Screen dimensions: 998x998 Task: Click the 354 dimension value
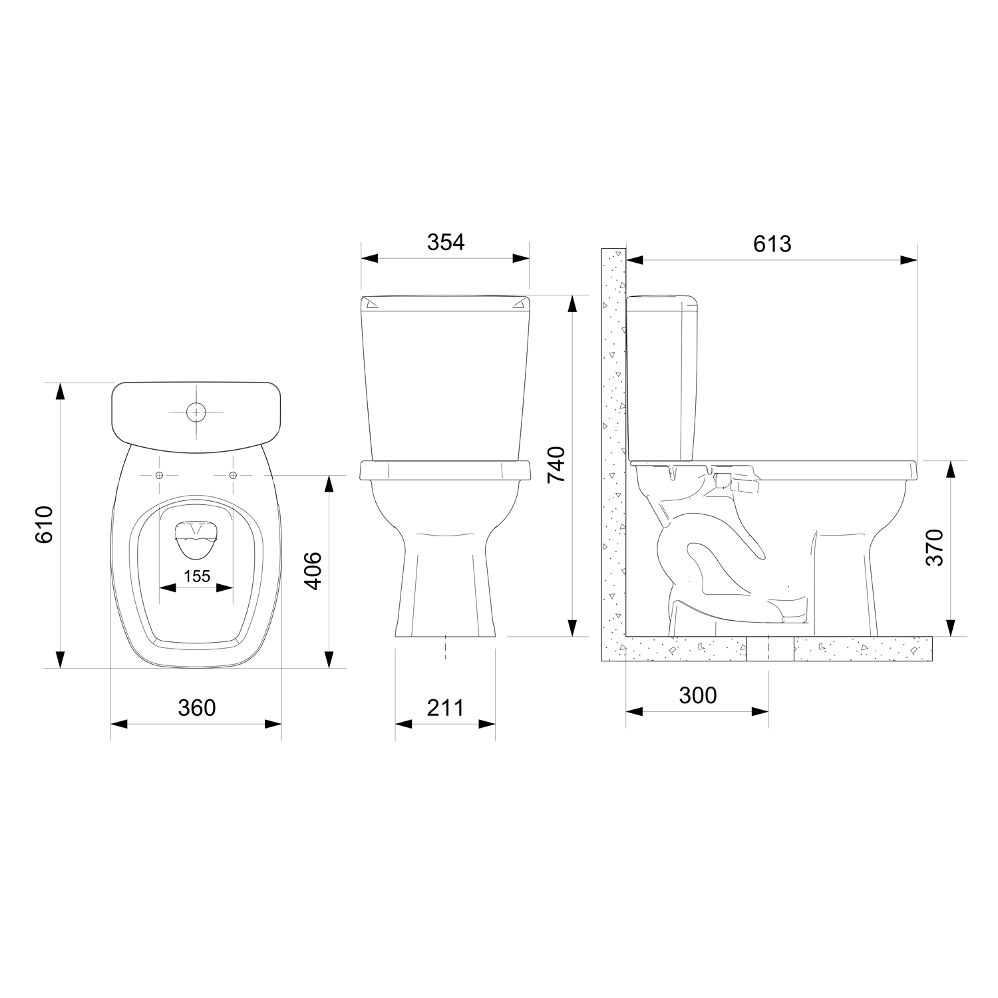click(x=445, y=242)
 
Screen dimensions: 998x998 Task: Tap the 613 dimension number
click(x=772, y=244)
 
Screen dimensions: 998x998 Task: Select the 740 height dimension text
click(x=556, y=464)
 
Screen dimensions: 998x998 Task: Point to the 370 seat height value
click(x=935, y=547)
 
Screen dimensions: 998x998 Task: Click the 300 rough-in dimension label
click(x=698, y=695)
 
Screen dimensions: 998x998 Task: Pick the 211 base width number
click(x=445, y=707)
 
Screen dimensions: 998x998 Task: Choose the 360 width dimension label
click(x=197, y=707)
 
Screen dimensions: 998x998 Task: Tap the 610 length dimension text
click(x=44, y=524)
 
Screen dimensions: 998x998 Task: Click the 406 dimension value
click(x=313, y=570)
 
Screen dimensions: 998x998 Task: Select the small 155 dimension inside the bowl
click(x=197, y=576)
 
